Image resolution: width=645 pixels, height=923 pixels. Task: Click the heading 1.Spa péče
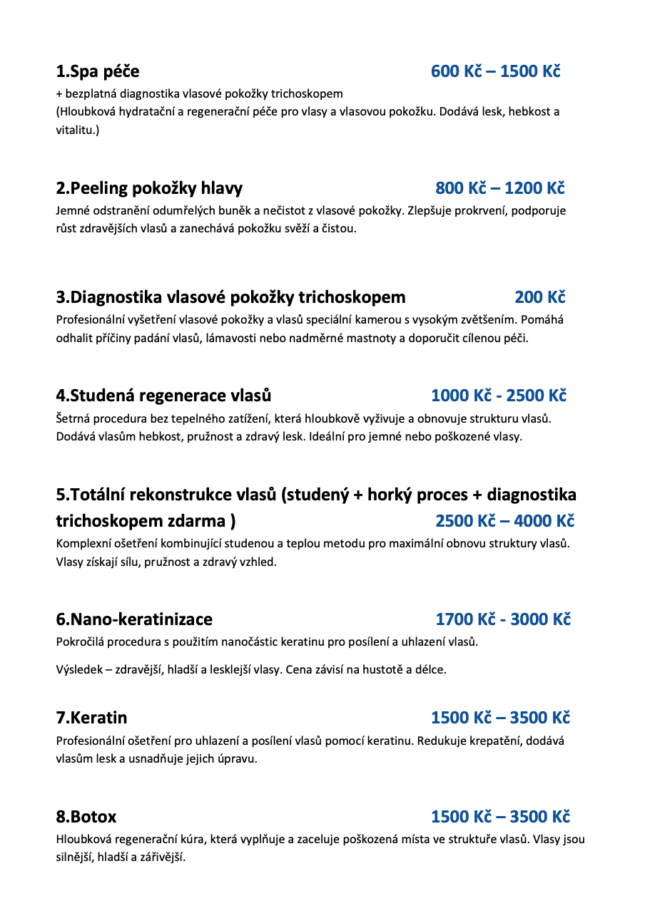coord(98,72)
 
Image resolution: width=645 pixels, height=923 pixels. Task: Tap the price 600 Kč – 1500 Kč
coord(495,72)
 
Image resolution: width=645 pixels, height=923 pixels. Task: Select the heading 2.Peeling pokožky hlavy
coord(149,188)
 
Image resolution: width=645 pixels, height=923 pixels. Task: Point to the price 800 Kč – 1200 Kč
coord(499,188)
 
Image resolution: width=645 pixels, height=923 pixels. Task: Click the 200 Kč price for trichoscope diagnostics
coord(539,297)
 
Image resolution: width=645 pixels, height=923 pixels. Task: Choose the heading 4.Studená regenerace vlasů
coord(163,396)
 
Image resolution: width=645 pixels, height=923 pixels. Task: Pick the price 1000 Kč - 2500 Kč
coord(498,396)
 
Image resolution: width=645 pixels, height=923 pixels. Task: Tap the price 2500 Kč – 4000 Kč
coord(504,521)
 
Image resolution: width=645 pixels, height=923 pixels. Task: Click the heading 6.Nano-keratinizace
coord(134,619)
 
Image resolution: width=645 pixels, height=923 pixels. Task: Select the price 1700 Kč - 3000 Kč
coord(503,619)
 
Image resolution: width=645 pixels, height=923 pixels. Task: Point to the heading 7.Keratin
coord(91,718)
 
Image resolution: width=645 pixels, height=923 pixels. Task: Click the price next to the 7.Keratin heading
coord(500,718)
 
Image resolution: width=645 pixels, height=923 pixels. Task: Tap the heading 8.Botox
coord(86,817)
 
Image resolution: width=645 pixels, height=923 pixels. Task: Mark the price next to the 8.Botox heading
coord(500,817)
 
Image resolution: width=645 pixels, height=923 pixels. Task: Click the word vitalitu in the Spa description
coord(76,130)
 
